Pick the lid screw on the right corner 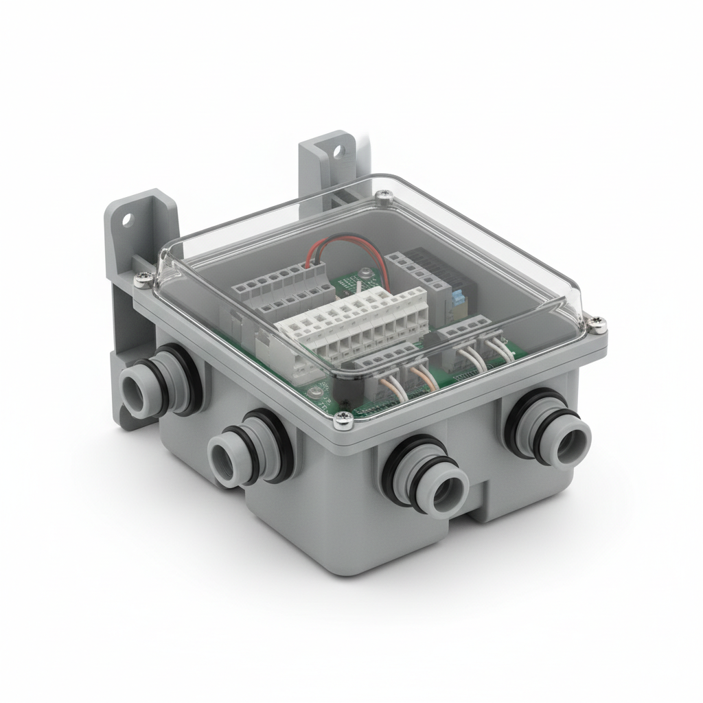tap(599, 321)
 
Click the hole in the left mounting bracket tap(126, 220)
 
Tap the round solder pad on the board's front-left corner tap(315, 392)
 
